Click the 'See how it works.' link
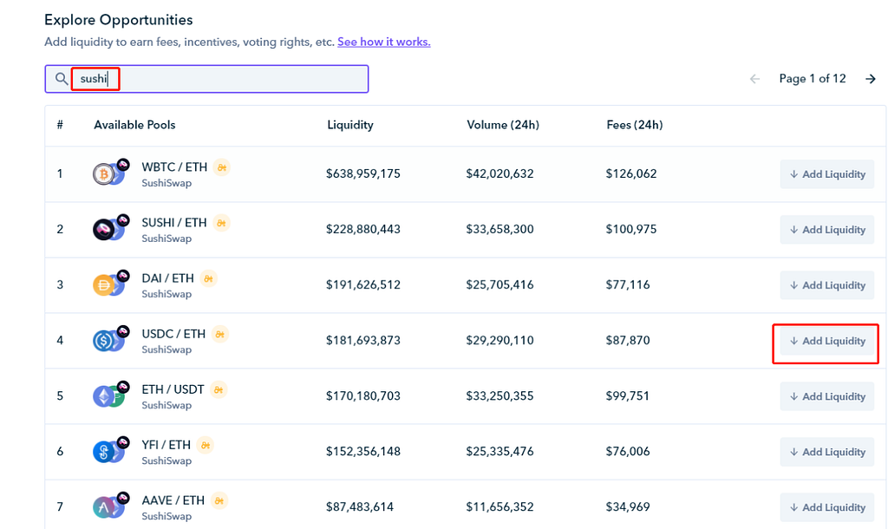[x=383, y=42]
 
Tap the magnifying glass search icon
[x=61, y=79]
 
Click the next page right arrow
[x=870, y=79]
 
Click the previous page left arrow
[x=754, y=79]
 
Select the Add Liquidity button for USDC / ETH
[x=827, y=341]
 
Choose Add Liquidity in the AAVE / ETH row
[x=827, y=507]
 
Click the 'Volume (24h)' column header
[x=502, y=125]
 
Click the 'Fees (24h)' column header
[x=634, y=125]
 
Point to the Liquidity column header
[x=349, y=125]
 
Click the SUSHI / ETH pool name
[x=174, y=223]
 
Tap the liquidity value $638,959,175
[x=362, y=173]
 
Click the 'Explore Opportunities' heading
[x=118, y=19]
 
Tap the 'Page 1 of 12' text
[x=812, y=79]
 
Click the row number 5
[x=60, y=395]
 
